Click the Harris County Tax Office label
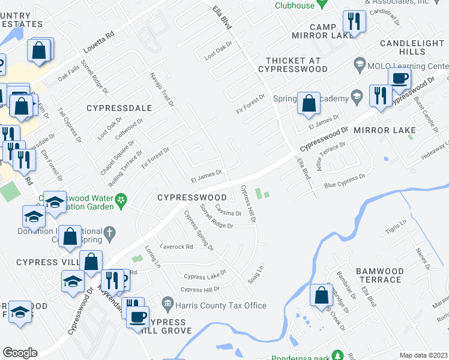(x=221, y=305)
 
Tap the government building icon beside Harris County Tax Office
(x=167, y=305)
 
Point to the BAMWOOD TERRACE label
(x=379, y=275)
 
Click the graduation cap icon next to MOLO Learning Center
(x=360, y=63)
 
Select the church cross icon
(x=109, y=232)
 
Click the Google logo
(x=20, y=353)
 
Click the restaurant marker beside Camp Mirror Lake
(x=354, y=21)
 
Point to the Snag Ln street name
(x=256, y=275)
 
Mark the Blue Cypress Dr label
(x=345, y=181)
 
